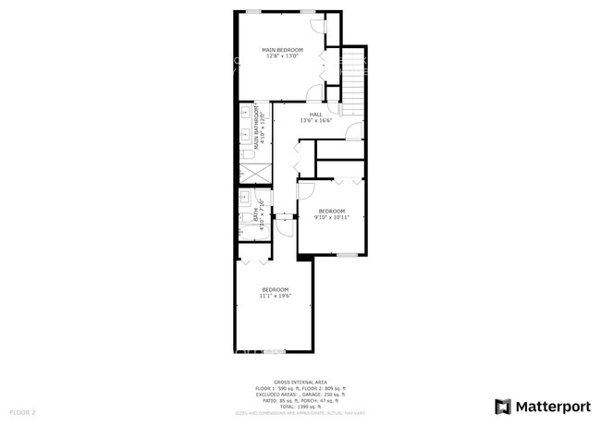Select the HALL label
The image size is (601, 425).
pyautogui.click(x=315, y=115)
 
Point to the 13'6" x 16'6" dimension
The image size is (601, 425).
pyautogui.click(x=315, y=121)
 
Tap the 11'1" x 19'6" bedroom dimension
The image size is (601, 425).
pyautogui.click(x=275, y=296)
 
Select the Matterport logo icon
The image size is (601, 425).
pyautogui.click(x=503, y=406)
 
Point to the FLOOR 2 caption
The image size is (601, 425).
pyautogui.click(x=22, y=411)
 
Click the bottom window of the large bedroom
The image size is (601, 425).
pyautogui.click(x=275, y=352)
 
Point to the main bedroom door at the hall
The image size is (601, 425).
pyautogui.click(x=315, y=92)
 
